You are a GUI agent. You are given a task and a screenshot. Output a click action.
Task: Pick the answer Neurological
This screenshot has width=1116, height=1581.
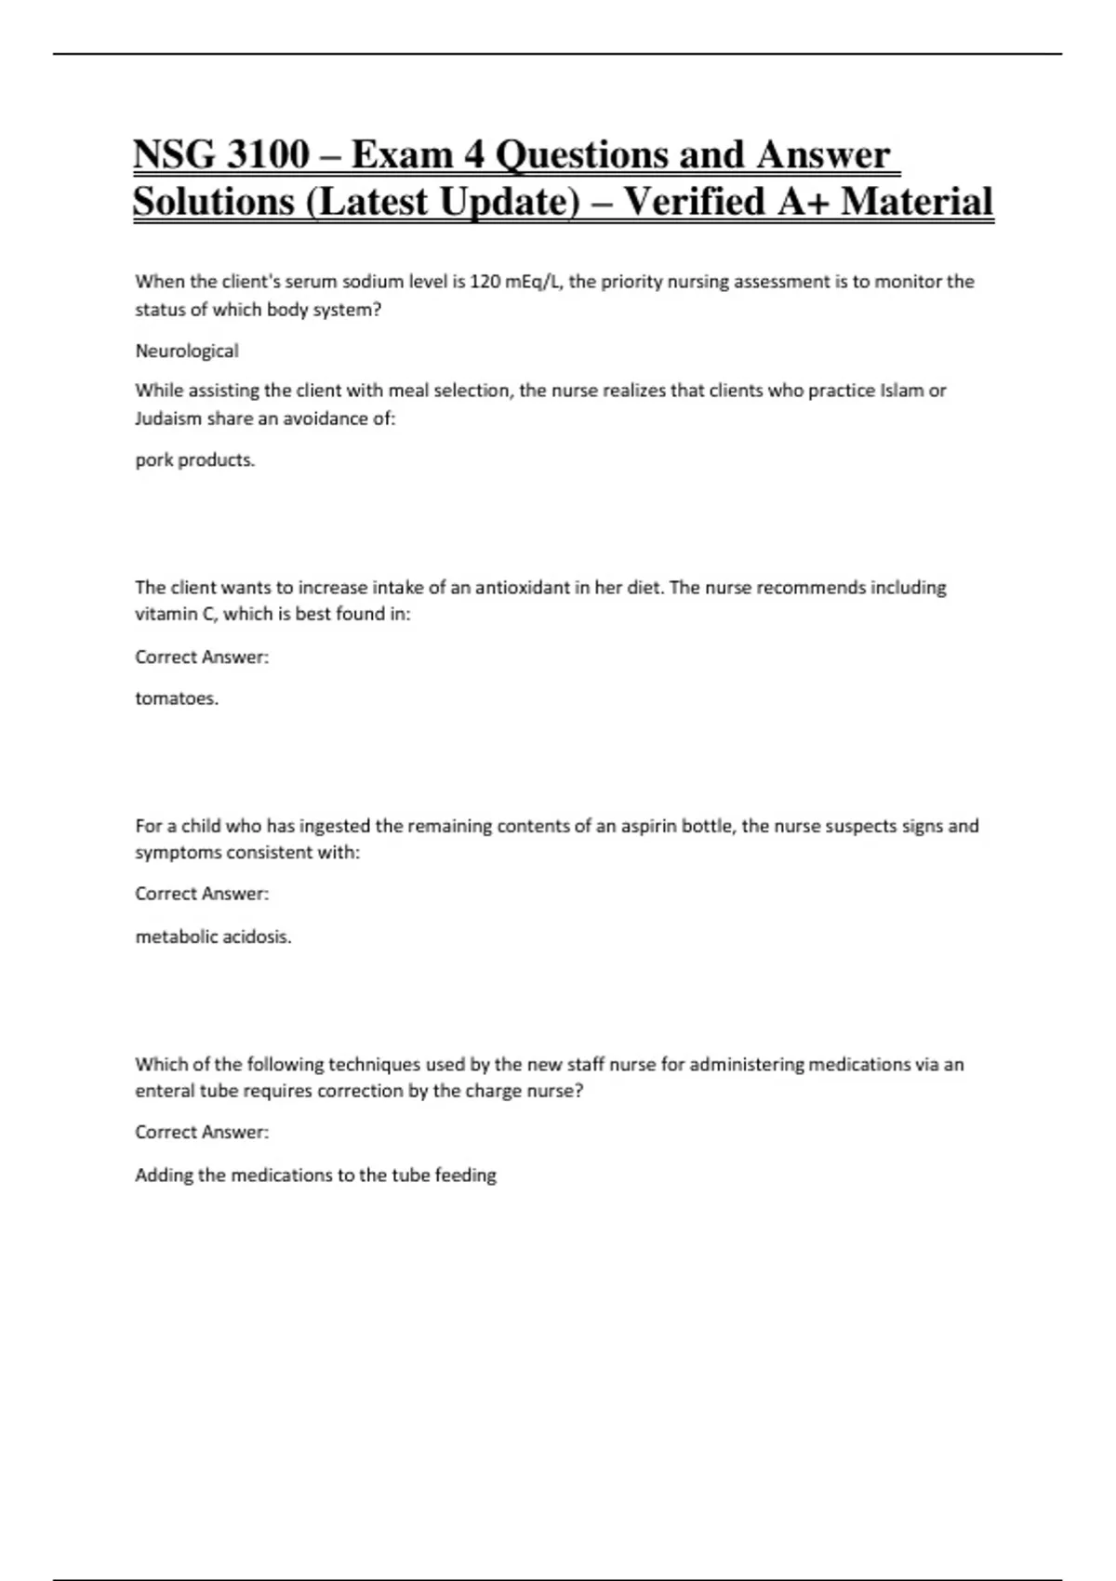point(187,351)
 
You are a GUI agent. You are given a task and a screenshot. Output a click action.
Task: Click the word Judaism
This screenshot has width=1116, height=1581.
point(168,418)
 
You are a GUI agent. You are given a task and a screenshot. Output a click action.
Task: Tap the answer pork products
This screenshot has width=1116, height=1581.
point(194,459)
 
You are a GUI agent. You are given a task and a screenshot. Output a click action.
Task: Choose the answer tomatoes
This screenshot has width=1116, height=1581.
point(177,698)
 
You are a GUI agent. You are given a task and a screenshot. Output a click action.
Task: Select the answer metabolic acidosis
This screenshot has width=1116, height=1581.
point(213,937)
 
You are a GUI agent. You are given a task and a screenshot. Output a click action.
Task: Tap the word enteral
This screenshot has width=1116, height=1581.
point(164,1091)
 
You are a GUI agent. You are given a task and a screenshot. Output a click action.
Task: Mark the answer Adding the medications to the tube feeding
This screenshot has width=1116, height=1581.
point(315,1175)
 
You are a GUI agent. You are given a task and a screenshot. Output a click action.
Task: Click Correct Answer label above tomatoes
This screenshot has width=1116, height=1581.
point(202,658)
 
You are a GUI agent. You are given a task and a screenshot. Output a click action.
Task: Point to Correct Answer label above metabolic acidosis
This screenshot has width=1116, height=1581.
point(202,894)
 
